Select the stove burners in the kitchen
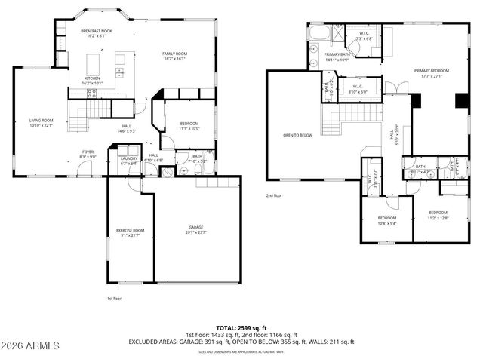92,94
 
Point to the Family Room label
175,54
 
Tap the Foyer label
88,151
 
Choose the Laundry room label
128,158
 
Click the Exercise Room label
130,230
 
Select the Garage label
195,227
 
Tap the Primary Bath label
336,54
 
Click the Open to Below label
298,135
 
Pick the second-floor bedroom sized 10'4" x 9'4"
386,219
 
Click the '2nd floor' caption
273,195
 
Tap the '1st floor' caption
113,299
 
